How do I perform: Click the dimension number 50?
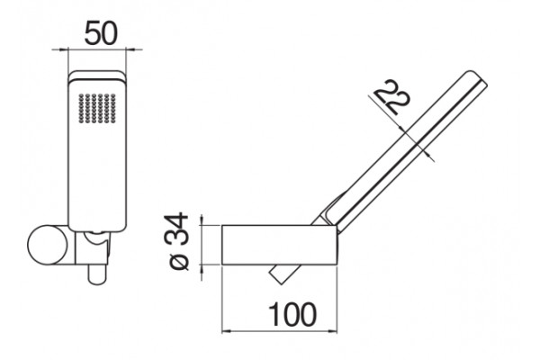coord(101,33)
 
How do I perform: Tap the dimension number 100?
coord(292,314)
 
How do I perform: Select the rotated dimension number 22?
coord(392,97)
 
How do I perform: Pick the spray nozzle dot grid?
coord(97,108)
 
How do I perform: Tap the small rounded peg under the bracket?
coord(98,274)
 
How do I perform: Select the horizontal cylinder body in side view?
coord(279,245)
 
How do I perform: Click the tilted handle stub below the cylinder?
coord(284,274)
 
